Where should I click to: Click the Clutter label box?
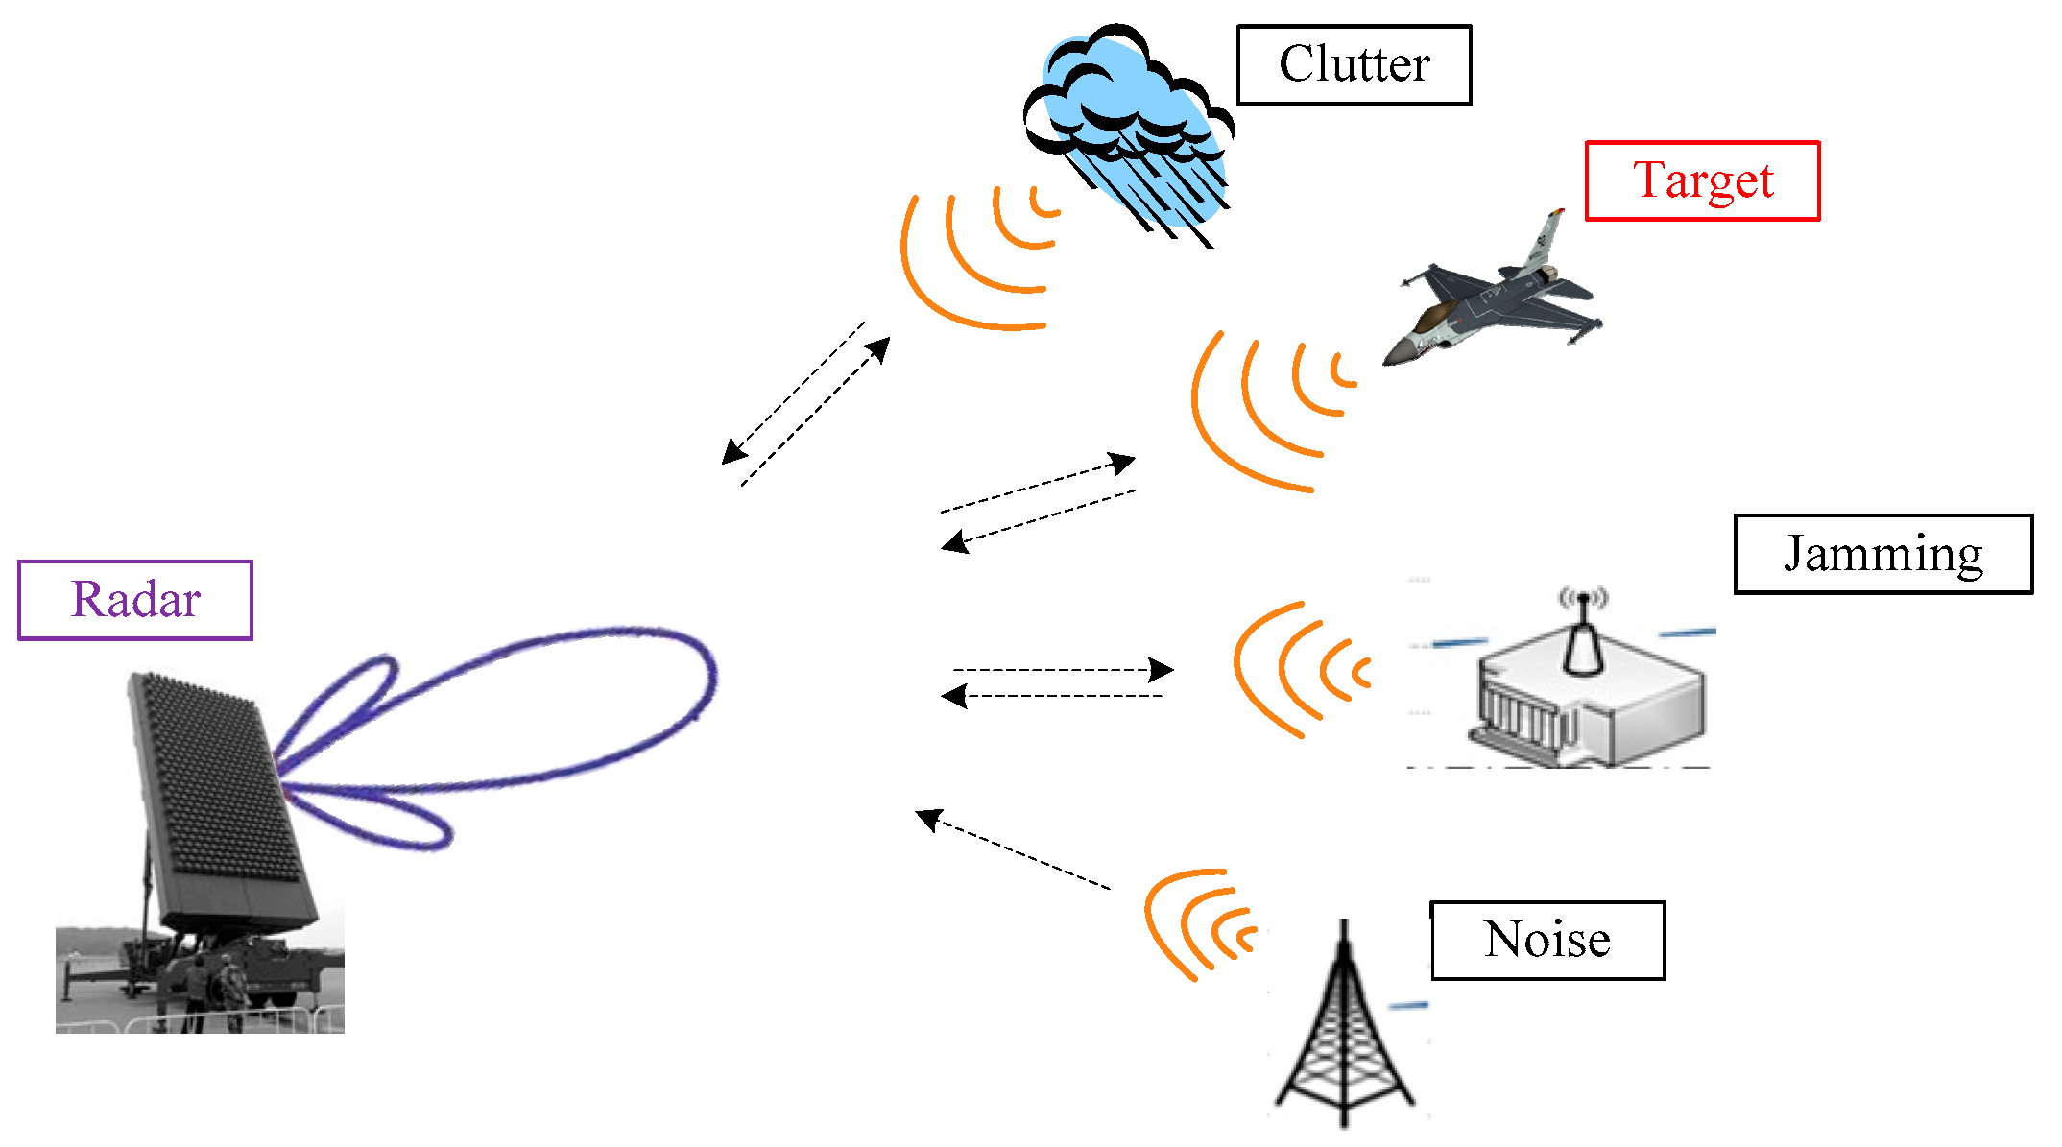coord(1354,65)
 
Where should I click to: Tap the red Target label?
coord(1702,181)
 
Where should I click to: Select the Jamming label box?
coord(1882,555)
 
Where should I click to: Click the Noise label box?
coord(1547,941)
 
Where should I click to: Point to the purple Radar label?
coord(135,601)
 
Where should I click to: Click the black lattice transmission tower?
coord(1344,1037)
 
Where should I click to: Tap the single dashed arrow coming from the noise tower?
coord(1013,849)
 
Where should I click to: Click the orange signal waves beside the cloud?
coord(979,259)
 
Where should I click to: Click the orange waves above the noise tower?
coord(1195,921)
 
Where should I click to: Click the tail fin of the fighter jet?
coord(1544,240)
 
